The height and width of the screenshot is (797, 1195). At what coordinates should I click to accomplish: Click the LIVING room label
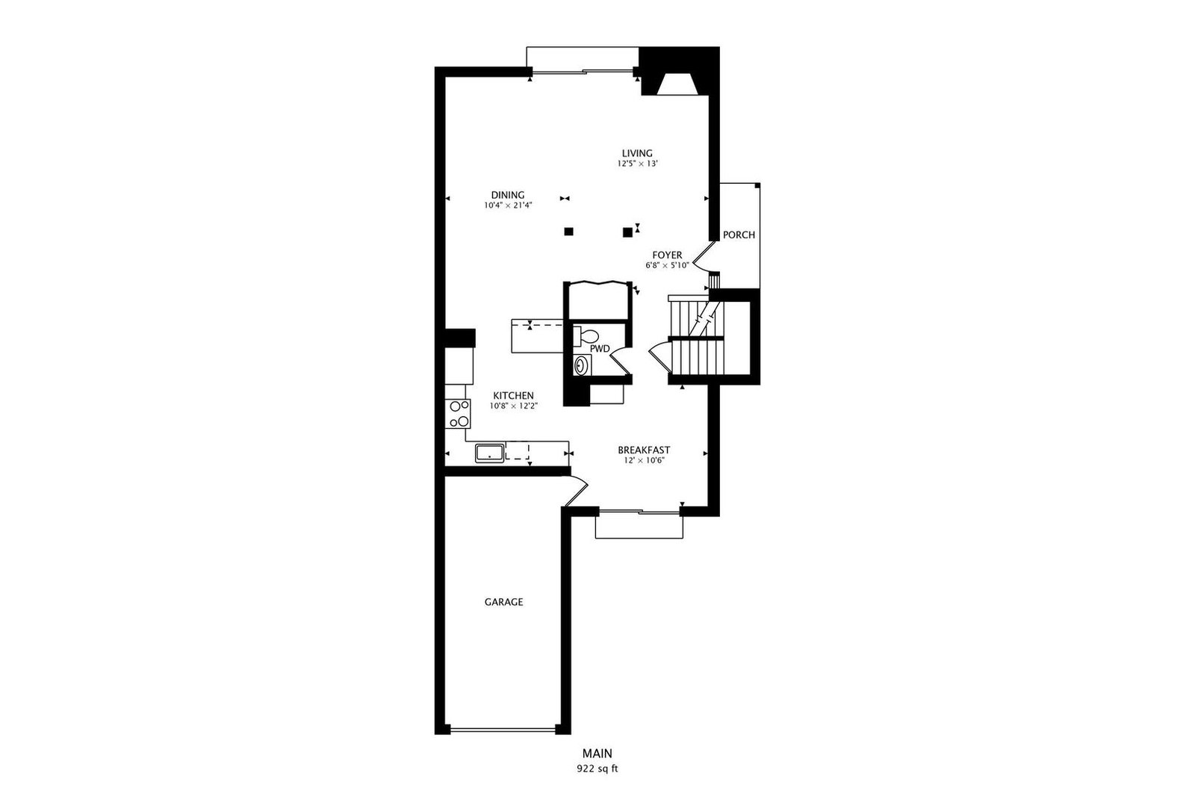(637, 153)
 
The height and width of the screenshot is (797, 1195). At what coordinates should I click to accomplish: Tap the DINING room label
(508, 195)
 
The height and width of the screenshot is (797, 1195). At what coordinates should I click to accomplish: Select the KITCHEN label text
(513, 396)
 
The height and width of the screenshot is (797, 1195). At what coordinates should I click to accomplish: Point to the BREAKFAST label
(644, 450)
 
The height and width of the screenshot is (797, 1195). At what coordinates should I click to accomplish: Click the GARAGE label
(503, 602)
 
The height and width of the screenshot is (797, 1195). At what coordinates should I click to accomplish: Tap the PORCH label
(739, 235)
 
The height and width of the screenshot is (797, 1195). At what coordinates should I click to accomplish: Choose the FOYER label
(667, 255)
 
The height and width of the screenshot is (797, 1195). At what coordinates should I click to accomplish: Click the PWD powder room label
(600, 349)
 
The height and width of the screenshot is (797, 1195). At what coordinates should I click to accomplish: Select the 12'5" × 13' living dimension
(637, 164)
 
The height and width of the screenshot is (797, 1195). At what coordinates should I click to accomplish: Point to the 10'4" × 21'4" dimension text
(509, 205)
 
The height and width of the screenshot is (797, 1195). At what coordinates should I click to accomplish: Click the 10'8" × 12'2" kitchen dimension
(514, 406)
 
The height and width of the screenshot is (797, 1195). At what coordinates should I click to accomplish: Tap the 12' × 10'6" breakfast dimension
(644, 460)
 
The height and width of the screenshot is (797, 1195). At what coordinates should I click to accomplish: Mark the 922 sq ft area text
(597, 769)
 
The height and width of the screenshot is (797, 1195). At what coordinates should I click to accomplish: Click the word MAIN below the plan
(597, 754)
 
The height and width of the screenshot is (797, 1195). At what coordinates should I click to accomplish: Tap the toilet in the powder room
(586, 337)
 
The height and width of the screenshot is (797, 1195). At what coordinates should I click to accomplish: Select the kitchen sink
(490, 453)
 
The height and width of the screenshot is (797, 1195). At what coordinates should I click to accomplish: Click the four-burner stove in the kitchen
(459, 413)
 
